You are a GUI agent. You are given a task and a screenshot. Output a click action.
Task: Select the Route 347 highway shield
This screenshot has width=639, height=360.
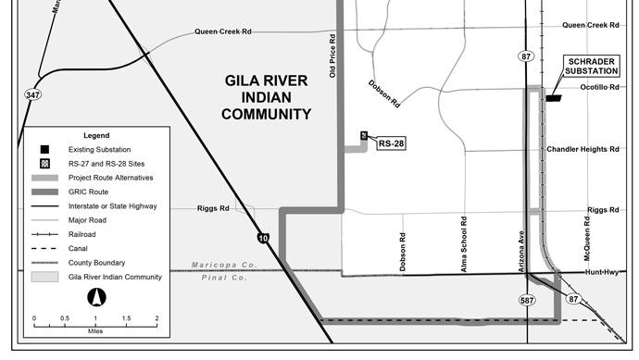(x=31, y=94)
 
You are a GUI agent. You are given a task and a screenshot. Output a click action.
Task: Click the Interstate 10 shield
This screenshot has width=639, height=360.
(x=263, y=239)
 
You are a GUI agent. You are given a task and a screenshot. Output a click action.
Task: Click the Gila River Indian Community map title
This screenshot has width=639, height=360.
(x=268, y=97)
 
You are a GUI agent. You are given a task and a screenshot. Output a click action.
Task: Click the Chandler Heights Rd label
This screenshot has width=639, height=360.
(x=583, y=148)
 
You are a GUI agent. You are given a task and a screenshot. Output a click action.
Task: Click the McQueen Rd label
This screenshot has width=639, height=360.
(x=586, y=240)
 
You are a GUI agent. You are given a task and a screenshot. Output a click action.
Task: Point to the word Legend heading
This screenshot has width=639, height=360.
(x=96, y=135)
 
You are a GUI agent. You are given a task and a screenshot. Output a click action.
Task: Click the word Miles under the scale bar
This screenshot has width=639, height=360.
(x=95, y=329)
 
